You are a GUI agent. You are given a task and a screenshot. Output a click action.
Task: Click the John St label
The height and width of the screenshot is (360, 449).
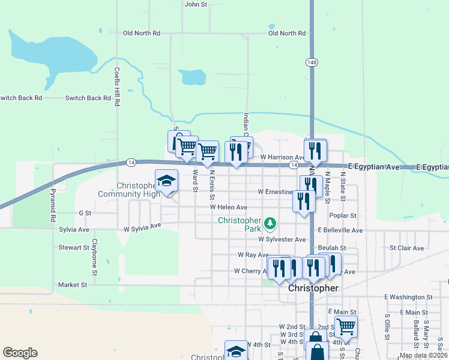pyautogui.click(x=196, y=4)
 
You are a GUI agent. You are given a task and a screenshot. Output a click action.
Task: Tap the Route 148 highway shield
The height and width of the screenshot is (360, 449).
pyautogui.click(x=312, y=63)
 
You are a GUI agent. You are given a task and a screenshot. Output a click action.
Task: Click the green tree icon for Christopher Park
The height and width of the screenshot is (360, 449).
pyautogui.click(x=271, y=223)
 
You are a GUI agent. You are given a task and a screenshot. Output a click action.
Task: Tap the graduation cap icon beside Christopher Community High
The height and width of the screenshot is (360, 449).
pyautogui.click(x=167, y=181)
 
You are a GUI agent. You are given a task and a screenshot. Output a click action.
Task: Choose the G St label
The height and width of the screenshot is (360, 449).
pyautogui.click(x=85, y=212)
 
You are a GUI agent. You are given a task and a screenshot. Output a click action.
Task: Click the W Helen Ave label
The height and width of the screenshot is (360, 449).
pyautogui.click(x=228, y=207)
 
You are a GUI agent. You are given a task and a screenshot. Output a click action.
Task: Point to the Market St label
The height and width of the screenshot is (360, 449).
pyautogui.click(x=73, y=285)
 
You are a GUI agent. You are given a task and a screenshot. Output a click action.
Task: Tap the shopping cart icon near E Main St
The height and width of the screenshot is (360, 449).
pyautogui.click(x=346, y=327)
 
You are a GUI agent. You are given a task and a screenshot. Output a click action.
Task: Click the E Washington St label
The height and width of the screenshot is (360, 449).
pyautogui.click(x=408, y=297)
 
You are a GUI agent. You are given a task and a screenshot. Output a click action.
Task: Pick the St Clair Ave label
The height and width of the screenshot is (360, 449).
pyautogui.click(x=406, y=247)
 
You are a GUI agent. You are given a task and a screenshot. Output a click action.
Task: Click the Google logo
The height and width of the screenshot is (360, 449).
pyautogui.click(x=20, y=353)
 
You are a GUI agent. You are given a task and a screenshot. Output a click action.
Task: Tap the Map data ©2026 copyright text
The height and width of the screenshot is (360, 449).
pyautogui.click(x=423, y=355)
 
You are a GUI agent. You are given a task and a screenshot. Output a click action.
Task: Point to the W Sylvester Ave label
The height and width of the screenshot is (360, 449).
pyautogui.click(x=282, y=239)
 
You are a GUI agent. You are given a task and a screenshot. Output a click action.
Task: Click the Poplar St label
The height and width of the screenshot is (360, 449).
pyautogui.click(x=343, y=215)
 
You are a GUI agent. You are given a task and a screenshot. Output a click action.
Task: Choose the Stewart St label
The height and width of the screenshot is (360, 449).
pyautogui.click(x=73, y=247)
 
